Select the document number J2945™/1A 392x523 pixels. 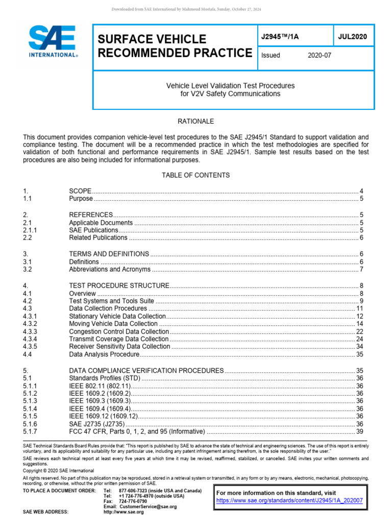[x=280, y=36]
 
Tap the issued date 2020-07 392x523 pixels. [x=320, y=55]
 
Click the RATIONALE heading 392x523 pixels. [x=195, y=122]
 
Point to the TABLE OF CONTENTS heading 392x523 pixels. [x=195, y=175]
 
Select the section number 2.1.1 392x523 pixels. [x=31, y=230]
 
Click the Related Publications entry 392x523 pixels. [x=98, y=237]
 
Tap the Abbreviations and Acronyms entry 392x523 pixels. [x=110, y=269]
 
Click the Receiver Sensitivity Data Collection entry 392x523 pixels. [x=119, y=346]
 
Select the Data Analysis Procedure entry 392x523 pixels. [x=104, y=354]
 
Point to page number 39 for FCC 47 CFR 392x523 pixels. [x=359, y=432]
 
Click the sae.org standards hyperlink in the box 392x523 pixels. [x=289, y=501]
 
